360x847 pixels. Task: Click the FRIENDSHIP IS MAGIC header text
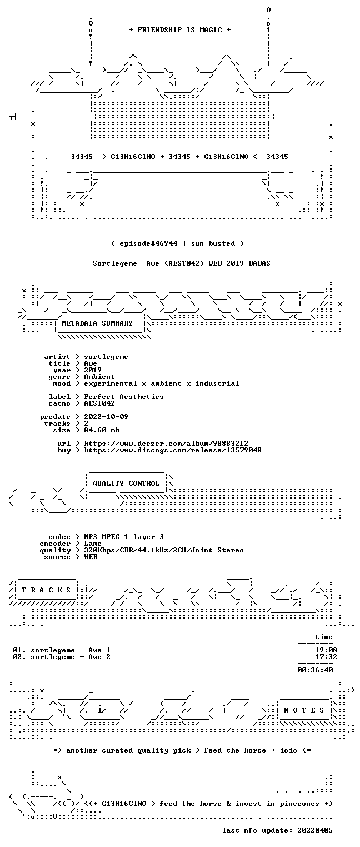click(x=179, y=30)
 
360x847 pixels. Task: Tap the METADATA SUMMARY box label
click(x=97, y=323)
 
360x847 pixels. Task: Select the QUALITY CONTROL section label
click(x=126, y=483)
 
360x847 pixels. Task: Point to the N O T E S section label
click(x=304, y=710)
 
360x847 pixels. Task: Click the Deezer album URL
click(x=166, y=444)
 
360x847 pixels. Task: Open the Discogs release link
click(x=172, y=450)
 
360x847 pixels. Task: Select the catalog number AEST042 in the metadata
click(x=99, y=403)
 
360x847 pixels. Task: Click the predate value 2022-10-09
click(x=106, y=417)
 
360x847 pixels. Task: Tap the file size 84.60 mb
click(x=102, y=430)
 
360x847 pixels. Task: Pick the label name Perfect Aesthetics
click(x=124, y=397)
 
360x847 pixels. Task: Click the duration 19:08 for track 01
click(x=326, y=650)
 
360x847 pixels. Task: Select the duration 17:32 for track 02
click(x=326, y=657)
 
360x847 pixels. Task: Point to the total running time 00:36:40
click(x=315, y=670)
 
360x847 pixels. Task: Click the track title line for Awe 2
click(x=62, y=657)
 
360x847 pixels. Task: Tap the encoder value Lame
click(x=93, y=544)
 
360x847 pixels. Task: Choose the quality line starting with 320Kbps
click(x=164, y=550)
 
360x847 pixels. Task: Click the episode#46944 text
click(x=148, y=243)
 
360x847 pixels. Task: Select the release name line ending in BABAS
click(x=182, y=263)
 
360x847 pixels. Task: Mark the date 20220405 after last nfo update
click(x=315, y=830)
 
